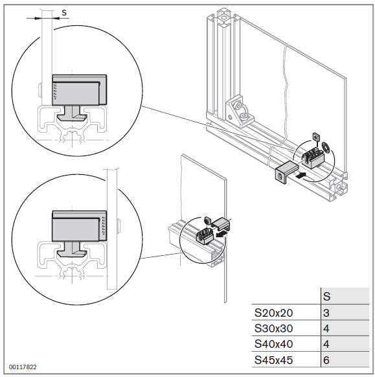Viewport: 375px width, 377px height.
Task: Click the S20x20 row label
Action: coord(273,313)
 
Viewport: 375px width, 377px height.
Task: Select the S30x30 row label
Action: coord(273,328)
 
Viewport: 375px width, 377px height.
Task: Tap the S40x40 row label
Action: coord(273,345)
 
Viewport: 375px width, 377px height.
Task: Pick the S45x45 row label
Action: coord(273,360)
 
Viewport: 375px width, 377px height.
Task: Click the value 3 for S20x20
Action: coord(326,313)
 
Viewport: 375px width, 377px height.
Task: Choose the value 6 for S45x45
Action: coord(326,360)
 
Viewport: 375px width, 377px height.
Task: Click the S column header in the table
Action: coord(327,297)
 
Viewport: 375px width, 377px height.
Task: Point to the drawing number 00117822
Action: coord(23,367)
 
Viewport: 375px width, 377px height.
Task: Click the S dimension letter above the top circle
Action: coord(64,12)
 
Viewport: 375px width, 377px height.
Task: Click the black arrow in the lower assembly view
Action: coord(222,233)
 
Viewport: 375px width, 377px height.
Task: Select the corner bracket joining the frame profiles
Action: coord(239,112)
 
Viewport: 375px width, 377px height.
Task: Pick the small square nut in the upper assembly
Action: coord(315,137)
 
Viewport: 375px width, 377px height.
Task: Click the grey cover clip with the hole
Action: coord(286,172)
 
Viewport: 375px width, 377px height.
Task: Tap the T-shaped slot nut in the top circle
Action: coord(73,114)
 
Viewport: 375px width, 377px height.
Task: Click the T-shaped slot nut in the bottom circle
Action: coord(73,249)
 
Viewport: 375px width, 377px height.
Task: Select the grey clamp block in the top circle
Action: coord(79,90)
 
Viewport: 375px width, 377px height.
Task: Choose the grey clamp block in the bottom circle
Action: coord(79,226)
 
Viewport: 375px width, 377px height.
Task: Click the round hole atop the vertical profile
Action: coord(224,17)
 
